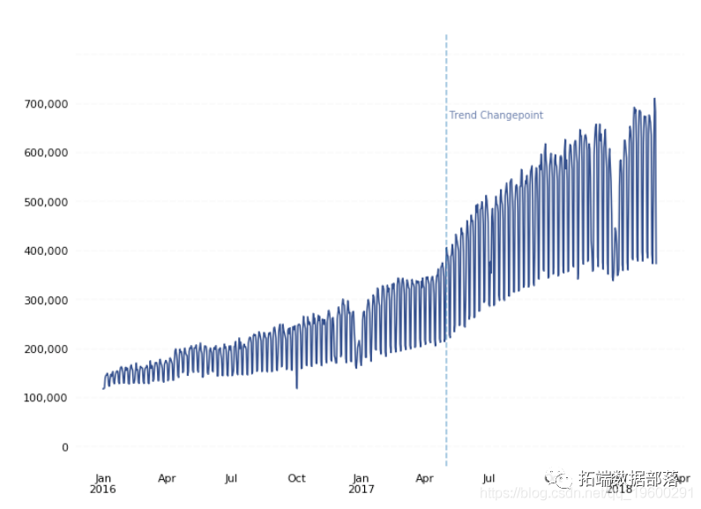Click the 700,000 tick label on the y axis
click(x=46, y=104)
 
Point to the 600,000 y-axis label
click(x=46, y=153)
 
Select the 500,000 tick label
click(x=46, y=202)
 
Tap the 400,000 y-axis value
click(x=46, y=251)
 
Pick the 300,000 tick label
click(x=46, y=300)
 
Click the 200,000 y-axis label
click(x=46, y=349)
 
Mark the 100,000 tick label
click(x=46, y=398)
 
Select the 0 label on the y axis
click(x=64, y=447)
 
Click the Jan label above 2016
click(x=103, y=478)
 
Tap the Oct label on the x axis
click(x=296, y=478)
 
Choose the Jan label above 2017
click(x=361, y=478)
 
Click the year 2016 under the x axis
click(x=103, y=489)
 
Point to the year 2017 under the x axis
click(x=361, y=489)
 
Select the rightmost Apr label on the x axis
click(x=681, y=478)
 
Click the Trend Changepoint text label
click(x=496, y=116)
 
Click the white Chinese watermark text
click(x=629, y=479)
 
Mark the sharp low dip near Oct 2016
click(x=296, y=386)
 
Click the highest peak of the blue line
click(x=654, y=99)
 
